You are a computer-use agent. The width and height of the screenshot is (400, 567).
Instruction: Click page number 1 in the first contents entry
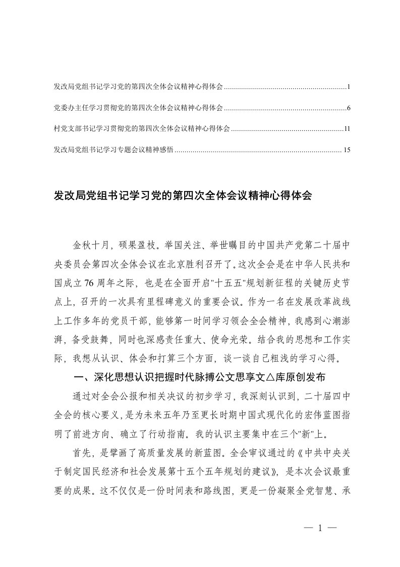(x=349, y=87)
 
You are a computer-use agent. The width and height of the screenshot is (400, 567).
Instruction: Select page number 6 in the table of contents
(x=349, y=108)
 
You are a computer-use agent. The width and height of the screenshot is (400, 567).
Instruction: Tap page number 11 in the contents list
(x=347, y=129)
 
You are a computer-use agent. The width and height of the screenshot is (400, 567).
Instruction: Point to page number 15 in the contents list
(x=347, y=150)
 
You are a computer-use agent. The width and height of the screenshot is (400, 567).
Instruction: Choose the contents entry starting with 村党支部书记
(x=141, y=129)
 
